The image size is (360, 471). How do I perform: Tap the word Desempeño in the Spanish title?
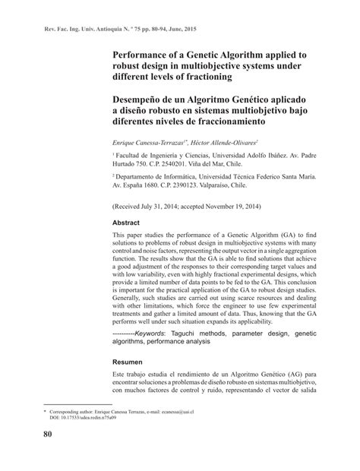(145, 99)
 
